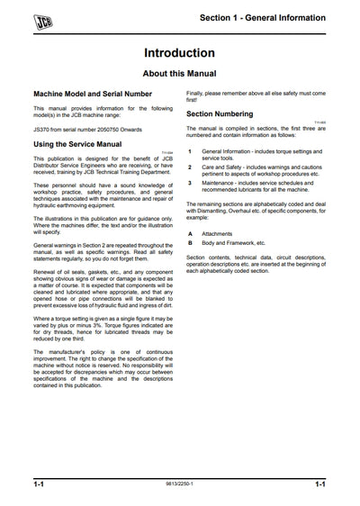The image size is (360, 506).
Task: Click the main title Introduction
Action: point(180,53)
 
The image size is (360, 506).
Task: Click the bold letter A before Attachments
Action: point(189,233)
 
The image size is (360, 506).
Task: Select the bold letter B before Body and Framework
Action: point(189,243)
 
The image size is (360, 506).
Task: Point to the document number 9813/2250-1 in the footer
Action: point(180,485)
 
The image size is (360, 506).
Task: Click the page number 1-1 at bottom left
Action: point(40,484)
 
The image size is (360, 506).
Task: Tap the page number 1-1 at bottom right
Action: point(319,484)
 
